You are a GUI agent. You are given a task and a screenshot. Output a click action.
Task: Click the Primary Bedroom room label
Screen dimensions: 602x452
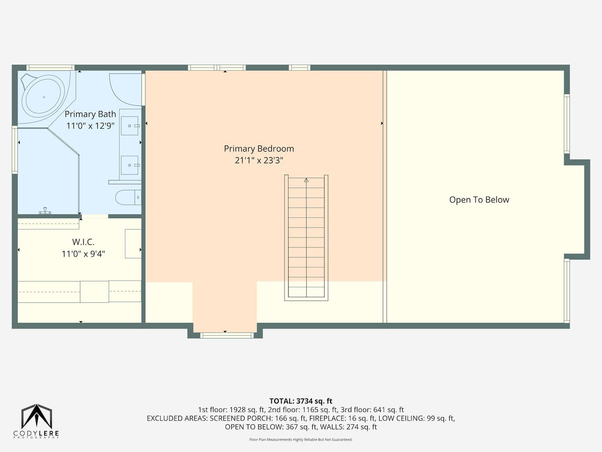click(x=259, y=149)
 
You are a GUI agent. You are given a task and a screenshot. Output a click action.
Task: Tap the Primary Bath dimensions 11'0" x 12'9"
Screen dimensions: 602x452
click(x=90, y=126)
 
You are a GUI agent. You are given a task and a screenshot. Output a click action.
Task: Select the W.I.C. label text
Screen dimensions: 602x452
click(x=83, y=242)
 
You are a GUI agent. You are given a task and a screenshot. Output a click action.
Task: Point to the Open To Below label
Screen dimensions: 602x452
click(x=479, y=200)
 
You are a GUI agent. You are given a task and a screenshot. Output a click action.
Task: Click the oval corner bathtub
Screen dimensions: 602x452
click(x=44, y=97)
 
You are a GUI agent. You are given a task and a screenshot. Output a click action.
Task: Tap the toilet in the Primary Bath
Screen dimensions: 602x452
click(x=128, y=197)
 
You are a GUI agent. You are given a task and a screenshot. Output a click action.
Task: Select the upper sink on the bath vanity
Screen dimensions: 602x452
click(x=130, y=126)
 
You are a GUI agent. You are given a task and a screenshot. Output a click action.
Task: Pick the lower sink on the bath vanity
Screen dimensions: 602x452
click(x=130, y=165)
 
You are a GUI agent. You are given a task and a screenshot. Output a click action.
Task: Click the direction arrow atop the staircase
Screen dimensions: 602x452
click(x=306, y=180)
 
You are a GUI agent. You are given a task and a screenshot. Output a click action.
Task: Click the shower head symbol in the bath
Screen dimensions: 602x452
click(x=45, y=211)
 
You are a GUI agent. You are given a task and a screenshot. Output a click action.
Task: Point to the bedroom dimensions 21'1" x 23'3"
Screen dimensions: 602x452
click(x=259, y=161)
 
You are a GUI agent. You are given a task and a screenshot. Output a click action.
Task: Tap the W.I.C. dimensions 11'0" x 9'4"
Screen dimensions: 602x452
click(x=83, y=254)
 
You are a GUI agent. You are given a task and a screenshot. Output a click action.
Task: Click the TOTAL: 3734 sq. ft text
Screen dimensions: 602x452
click(x=301, y=401)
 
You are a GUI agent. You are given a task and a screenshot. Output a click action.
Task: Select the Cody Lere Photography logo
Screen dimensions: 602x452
click(x=36, y=421)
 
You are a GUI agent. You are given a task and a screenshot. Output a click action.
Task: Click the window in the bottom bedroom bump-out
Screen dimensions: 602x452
click(x=227, y=335)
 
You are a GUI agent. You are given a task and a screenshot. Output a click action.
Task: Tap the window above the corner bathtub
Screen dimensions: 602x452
click(x=50, y=67)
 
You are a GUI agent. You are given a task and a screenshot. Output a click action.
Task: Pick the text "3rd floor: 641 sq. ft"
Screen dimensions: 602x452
click(x=372, y=410)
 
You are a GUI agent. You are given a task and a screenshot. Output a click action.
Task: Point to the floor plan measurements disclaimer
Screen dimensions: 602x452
click(x=301, y=440)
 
